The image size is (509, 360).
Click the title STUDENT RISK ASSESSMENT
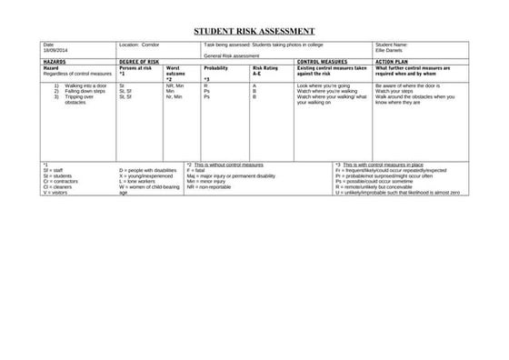click(x=254, y=31)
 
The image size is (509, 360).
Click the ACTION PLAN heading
click(x=396, y=62)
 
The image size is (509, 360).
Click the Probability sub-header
click(x=216, y=68)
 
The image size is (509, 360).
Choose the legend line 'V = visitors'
click(x=57, y=192)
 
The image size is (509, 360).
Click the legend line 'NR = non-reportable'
click(x=208, y=186)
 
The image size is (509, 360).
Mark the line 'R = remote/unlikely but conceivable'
click(x=380, y=186)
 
